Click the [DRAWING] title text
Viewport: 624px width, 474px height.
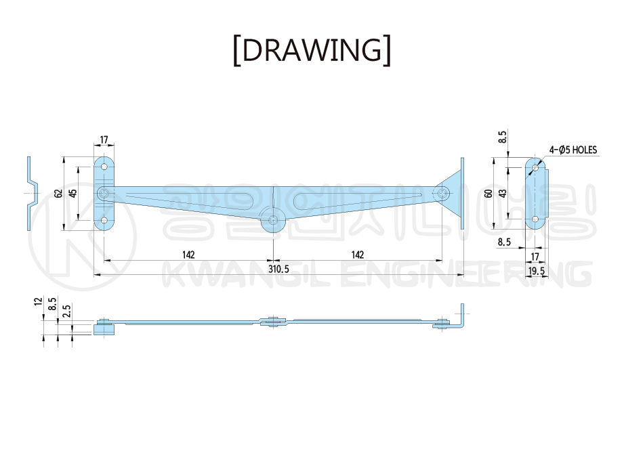click(x=312, y=51)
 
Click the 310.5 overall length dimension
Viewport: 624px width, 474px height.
click(x=278, y=270)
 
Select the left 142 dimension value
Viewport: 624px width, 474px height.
click(x=188, y=255)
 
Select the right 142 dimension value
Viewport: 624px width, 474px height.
click(x=358, y=255)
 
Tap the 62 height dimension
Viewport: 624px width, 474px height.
click(x=58, y=194)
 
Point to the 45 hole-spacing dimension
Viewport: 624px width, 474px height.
click(x=72, y=193)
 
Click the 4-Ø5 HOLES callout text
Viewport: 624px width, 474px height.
click(x=573, y=150)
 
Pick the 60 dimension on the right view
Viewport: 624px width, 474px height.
click(x=489, y=194)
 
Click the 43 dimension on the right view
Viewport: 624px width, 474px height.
click(x=503, y=194)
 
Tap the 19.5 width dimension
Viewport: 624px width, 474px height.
click(x=537, y=272)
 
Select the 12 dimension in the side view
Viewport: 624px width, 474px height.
click(x=38, y=301)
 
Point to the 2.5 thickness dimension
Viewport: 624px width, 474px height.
click(x=67, y=310)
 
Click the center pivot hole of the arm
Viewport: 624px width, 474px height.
click(x=273, y=220)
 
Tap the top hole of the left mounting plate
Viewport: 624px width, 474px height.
click(x=104, y=167)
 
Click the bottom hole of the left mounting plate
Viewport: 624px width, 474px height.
click(x=104, y=220)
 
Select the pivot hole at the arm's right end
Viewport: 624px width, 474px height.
click(x=442, y=194)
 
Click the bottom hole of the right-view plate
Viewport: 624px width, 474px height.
click(x=535, y=219)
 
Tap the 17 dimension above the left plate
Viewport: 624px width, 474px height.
click(x=104, y=140)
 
